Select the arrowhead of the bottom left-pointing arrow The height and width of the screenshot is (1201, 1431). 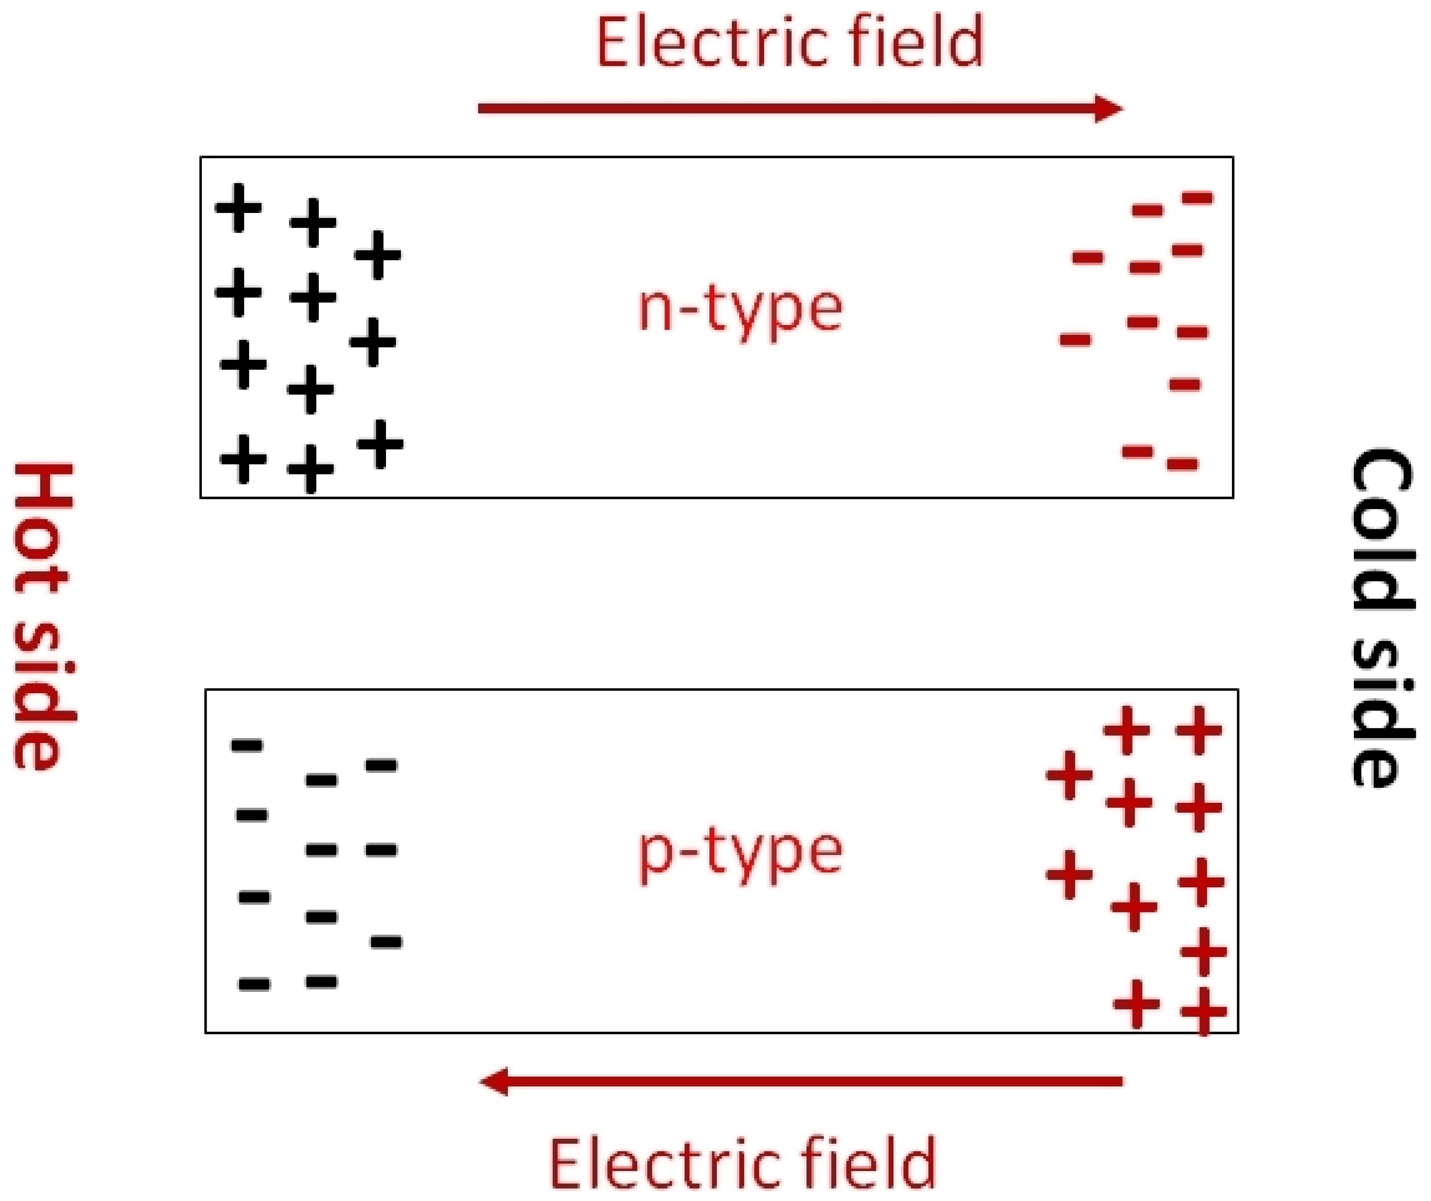point(495,1082)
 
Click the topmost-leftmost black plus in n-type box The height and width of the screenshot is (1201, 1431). point(238,207)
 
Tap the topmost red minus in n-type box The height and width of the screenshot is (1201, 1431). point(1197,198)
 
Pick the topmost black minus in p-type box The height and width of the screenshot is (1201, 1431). point(247,745)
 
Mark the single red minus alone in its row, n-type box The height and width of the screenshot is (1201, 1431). point(1185,385)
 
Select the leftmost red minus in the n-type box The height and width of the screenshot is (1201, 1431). point(1075,339)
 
